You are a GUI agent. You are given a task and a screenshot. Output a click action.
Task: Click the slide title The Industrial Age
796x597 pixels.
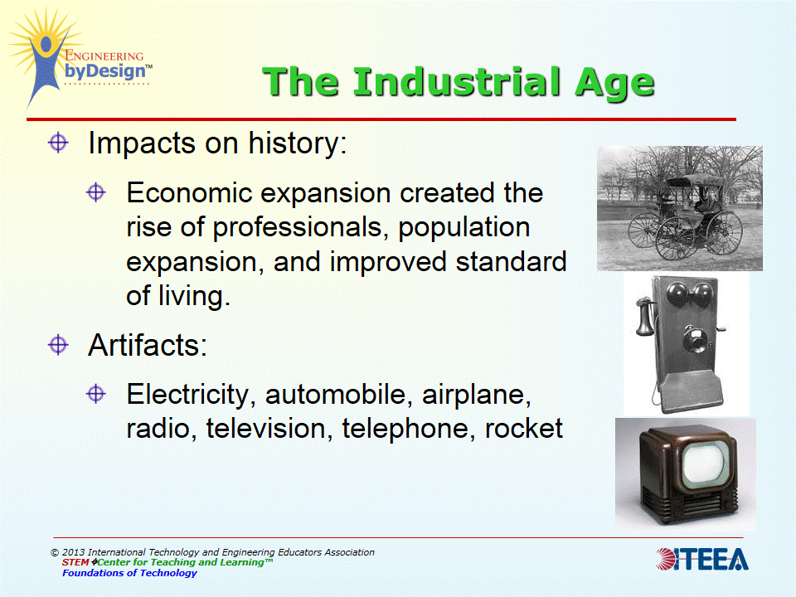pos(459,82)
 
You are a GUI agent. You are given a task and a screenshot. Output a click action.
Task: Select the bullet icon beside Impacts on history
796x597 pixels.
pos(58,143)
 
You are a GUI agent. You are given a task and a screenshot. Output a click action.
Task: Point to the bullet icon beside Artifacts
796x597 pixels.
pos(58,344)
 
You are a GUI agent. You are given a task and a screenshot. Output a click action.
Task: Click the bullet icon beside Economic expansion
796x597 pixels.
pos(97,192)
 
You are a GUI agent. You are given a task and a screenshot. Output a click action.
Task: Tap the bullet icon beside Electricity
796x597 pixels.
pos(97,394)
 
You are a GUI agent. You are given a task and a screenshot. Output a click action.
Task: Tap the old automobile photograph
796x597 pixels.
pos(679,208)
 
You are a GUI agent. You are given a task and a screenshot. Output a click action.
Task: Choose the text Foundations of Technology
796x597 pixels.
pos(129,573)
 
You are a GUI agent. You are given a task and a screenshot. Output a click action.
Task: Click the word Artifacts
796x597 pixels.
pos(148,345)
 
